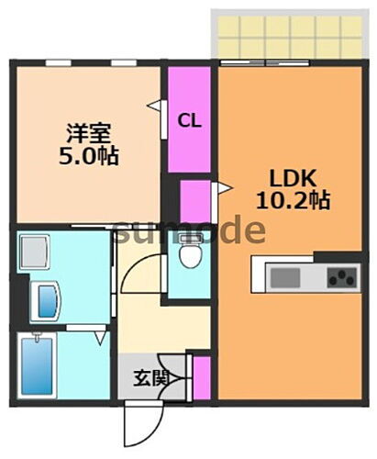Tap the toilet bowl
[191, 255]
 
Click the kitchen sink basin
[282, 275]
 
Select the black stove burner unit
[341, 275]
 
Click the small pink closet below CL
[194, 200]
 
